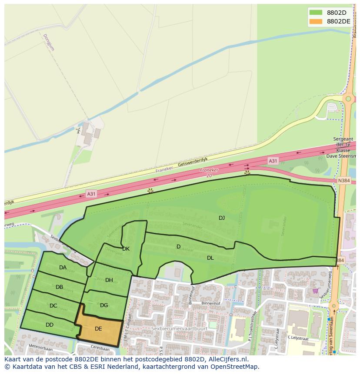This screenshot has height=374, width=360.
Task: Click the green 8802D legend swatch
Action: [316, 13]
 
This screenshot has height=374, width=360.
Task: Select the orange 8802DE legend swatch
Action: [316, 21]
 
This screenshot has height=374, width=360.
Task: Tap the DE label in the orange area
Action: [98, 329]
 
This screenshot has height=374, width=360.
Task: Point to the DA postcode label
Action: [63, 268]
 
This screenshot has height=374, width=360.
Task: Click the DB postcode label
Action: [60, 287]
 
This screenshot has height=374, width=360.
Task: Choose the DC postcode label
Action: [53, 306]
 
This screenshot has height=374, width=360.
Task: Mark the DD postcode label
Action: [50, 325]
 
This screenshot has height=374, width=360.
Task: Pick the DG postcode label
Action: [104, 305]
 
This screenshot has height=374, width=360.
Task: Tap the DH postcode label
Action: [109, 280]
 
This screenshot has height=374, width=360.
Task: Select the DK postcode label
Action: [126, 249]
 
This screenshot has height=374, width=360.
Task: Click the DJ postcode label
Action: [222, 218]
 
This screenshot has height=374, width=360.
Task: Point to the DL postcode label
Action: [210, 258]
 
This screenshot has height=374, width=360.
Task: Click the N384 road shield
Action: [344, 180]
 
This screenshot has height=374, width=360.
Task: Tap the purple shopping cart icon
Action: [315, 291]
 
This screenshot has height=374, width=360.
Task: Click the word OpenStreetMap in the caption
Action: [235, 367]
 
